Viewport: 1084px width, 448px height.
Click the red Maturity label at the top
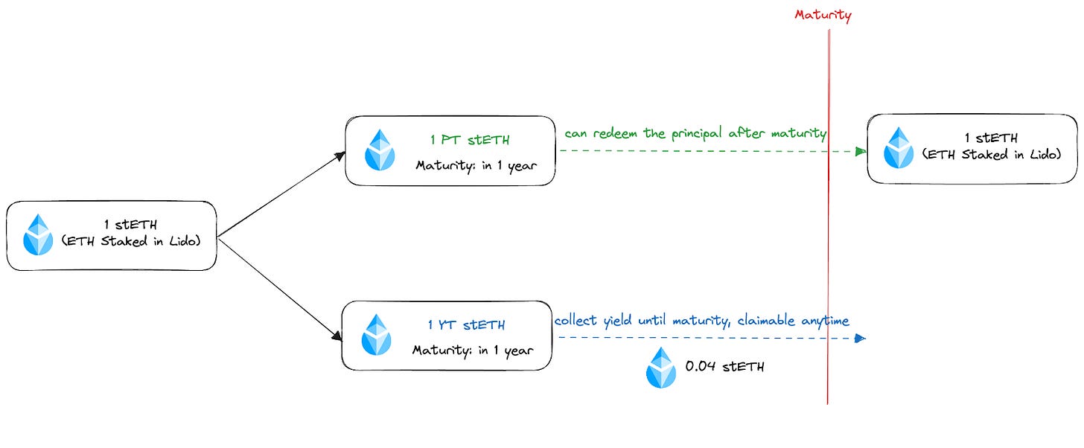(x=823, y=15)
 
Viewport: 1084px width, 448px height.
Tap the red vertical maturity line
(x=828, y=223)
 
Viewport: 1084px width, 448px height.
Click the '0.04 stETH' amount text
(x=724, y=367)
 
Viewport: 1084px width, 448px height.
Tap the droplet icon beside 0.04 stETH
(x=661, y=368)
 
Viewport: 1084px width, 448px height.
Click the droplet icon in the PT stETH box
(x=380, y=150)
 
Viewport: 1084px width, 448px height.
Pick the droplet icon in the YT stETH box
(x=376, y=335)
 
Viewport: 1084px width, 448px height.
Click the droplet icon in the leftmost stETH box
(x=38, y=235)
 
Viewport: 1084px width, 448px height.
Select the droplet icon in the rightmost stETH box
(x=899, y=147)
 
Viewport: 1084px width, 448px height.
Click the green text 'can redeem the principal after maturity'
(x=695, y=133)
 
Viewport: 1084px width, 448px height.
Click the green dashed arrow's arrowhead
(x=861, y=151)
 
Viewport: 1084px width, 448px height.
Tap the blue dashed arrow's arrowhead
(x=860, y=338)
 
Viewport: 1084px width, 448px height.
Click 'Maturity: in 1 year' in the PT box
(x=474, y=164)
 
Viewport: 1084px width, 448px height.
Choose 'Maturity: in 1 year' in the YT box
(x=473, y=350)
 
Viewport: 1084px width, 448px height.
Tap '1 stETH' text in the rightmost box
(x=990, y=138)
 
